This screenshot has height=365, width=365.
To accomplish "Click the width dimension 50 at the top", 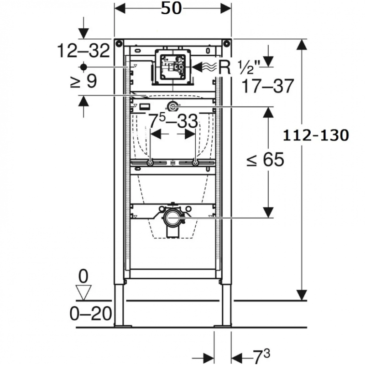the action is (171, 9).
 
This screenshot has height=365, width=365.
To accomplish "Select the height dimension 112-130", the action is (316, 136).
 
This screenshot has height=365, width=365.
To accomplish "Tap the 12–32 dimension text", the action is (83, 51).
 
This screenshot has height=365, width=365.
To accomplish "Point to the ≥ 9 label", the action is (83, 81).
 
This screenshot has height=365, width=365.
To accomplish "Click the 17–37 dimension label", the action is (268, 86).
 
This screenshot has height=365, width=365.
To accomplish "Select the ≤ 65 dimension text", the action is (266, 159).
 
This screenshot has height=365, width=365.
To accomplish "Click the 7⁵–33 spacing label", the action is (173, 120).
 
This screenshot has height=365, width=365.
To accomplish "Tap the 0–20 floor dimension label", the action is (91, 314).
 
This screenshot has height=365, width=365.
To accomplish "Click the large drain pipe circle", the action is (172, 217).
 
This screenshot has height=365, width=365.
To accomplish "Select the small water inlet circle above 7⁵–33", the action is (172, 107).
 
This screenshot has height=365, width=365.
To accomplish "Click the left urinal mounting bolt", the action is (151, 163).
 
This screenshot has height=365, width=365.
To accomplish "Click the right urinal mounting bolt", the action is (195, 163).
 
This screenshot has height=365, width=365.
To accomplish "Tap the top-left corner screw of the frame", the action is (119, 43).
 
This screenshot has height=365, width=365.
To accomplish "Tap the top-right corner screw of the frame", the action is (226, 43).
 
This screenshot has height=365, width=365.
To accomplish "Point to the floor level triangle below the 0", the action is (83, 292).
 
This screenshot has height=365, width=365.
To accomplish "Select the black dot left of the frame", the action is (83, 67).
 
